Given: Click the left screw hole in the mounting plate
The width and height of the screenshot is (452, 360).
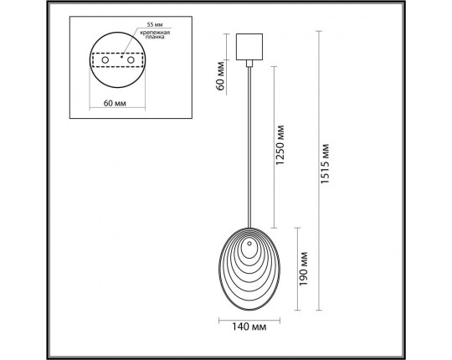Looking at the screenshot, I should tap(106, 61).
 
